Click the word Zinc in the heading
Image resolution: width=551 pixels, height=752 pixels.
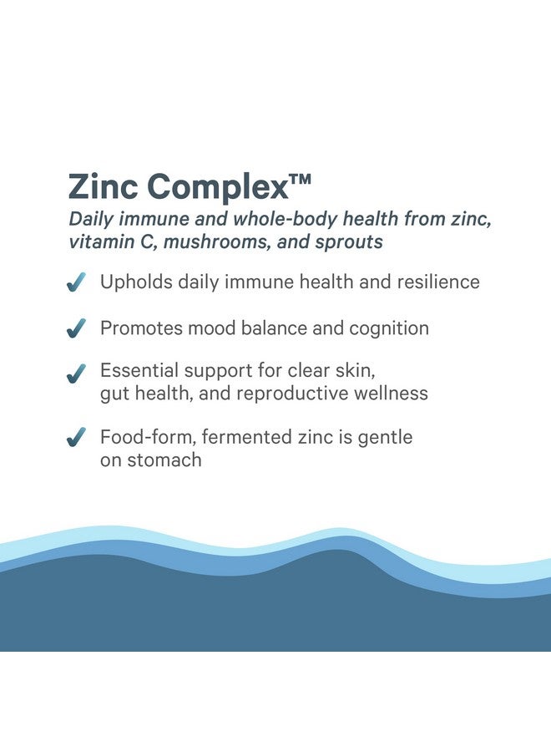(x=102, y=186)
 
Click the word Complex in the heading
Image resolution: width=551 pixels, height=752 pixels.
(x=216, y=188)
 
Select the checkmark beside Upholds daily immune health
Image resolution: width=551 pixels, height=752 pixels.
(x=77, y=283)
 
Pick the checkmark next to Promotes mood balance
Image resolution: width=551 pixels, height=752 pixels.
(x=77, y=329)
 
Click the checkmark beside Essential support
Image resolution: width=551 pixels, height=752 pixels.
(x=77, y=373)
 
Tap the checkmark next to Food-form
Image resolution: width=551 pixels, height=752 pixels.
(x=77, y=437)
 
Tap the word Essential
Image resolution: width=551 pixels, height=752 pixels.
(x=139, y=370)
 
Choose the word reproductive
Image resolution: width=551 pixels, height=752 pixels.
(x=311, y=393)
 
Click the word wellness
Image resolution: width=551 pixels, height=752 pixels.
(x=392, y=393)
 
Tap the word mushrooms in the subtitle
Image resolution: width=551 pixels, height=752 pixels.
(x=201, y=241)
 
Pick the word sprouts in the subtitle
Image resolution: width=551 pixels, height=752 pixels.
(x=351, y=242)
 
